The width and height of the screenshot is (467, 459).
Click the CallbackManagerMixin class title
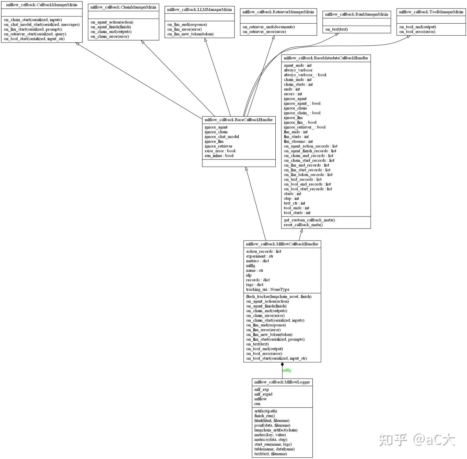(x=42, y=5)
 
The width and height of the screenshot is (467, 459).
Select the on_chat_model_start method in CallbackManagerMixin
(x=42, y=25)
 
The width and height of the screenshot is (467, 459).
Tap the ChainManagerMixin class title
(x=123, y=7)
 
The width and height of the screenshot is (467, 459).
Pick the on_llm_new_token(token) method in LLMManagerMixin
(x=190, y=34)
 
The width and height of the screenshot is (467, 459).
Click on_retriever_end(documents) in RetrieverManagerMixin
(x=269, y=27)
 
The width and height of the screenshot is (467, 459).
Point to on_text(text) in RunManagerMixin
(x=337, y=29)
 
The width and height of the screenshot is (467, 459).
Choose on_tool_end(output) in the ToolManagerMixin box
(x=418, y=27)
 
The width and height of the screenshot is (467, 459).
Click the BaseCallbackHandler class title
(x=239, y=120)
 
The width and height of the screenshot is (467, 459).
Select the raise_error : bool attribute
(x=220, y=151)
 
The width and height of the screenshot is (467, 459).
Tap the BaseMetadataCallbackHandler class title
(x=326, y=58)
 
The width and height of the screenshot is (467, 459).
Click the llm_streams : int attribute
(x=298, y=141)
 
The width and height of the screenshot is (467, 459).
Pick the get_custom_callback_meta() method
(x=309, y=220)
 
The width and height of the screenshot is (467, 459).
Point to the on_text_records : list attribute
(x=303, y=180)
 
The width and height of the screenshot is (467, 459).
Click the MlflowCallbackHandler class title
(x=282, y=244)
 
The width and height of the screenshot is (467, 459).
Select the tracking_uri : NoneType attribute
(x=268, y=289)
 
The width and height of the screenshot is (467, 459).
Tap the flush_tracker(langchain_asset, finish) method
(x=279, y=297)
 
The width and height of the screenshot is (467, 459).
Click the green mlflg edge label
(x=287, y=370)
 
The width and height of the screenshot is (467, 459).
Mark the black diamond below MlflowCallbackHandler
(x=282, y=365)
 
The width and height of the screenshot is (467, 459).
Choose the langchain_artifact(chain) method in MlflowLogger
(x=276, y=430)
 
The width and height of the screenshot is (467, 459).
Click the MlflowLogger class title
(x=282, y=382)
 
